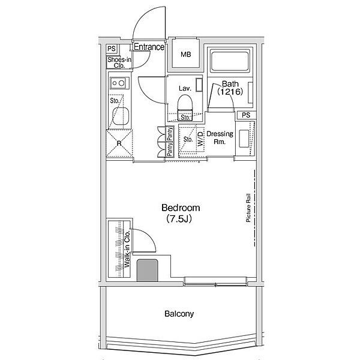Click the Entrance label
(149, 47)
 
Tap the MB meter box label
(186, 55)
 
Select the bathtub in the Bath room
(230, 61)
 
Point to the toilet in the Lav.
(185, 106)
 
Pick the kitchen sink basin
(121, 116)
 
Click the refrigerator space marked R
(119, 143)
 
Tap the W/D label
(200, 139)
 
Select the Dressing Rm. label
(220, 137)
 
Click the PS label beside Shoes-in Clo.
(112, 49)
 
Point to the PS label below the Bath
(246, 115)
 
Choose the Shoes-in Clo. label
(119, 62)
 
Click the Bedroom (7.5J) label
(181, 213)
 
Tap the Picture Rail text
(248, 208)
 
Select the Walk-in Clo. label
(127, 249)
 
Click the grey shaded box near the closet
(148, 271)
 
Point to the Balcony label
(179, 314)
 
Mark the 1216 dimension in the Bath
(230, 92)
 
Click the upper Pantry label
(170, 134)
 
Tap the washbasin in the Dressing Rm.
(244, 139)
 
